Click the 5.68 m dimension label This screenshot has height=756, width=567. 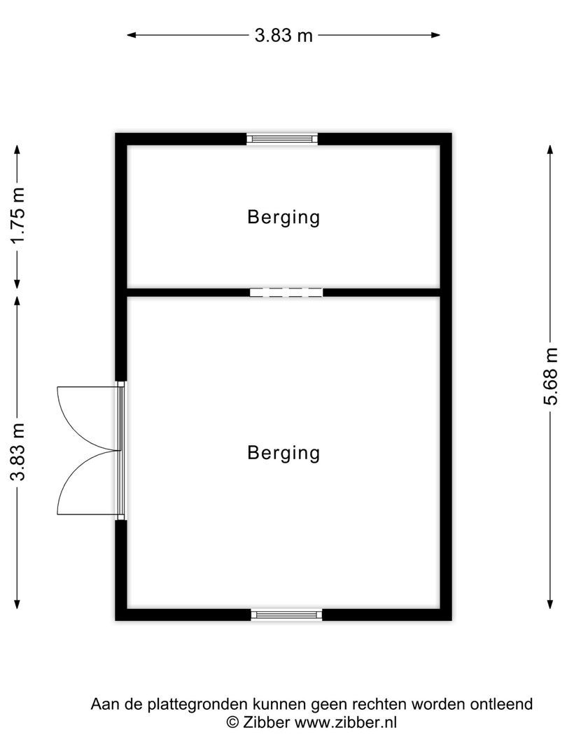(552, 377)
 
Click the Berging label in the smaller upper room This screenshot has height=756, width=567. (283, 217)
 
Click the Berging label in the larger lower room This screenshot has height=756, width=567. (283, 453)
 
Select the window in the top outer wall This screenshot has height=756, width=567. (282, 139)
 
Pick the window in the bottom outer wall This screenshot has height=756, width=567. (286, 615)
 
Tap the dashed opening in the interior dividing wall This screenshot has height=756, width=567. (286, 292)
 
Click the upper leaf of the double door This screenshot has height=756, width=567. (84, 416)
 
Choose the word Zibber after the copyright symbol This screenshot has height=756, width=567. (266, 722)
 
